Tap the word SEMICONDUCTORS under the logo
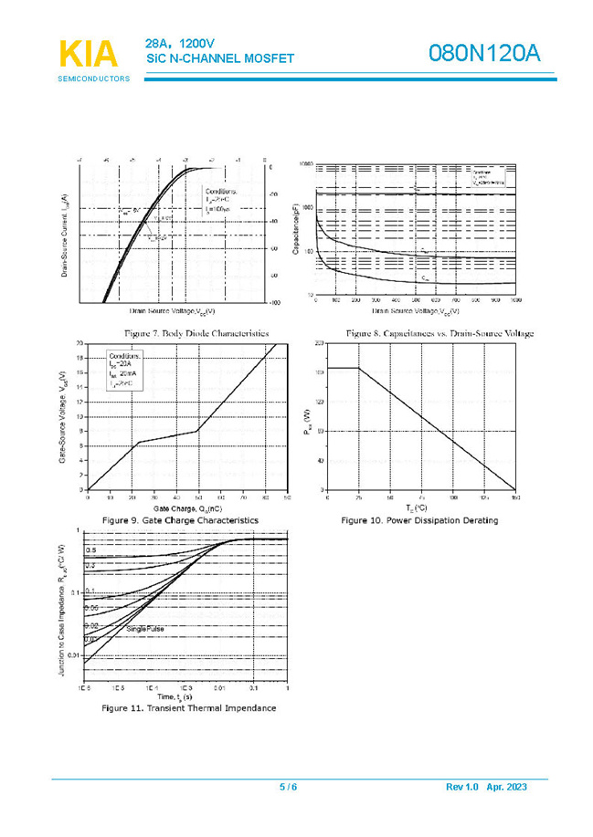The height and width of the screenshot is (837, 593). click(94, 79)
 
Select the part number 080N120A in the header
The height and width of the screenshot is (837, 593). click(485, 54)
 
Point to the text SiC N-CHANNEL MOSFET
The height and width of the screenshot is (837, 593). click(220, 58)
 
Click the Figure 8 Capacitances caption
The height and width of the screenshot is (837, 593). click(439, 333)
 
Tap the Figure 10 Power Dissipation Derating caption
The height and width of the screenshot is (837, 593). click(419, 520)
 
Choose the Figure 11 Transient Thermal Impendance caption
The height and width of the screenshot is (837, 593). click(188, 707)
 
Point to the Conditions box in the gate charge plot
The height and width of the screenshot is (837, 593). click(126, 370)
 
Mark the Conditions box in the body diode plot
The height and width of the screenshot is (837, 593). click(221, 200)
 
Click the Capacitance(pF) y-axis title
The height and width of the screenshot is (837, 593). click(297, 229)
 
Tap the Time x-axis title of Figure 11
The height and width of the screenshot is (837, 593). click(184, 696)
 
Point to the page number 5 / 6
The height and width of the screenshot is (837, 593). click(289, 787)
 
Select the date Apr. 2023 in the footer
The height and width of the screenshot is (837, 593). click(507, 787)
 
